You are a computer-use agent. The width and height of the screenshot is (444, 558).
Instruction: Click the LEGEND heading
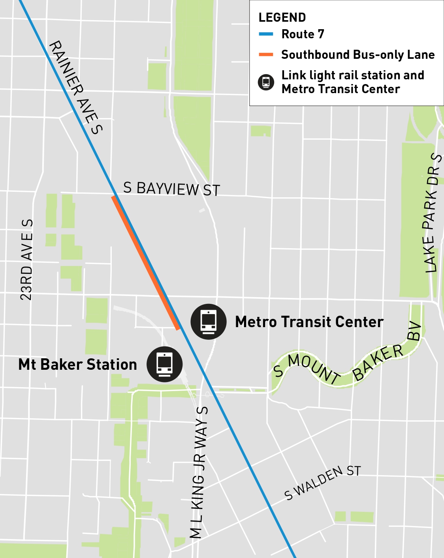(x=282, y=17)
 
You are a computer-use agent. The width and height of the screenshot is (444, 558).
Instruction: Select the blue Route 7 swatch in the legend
(x=266, y=34)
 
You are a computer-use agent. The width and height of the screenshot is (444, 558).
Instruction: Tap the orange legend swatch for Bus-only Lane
(x=266, y=54)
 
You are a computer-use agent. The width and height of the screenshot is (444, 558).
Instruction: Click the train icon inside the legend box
(x=266, y=82)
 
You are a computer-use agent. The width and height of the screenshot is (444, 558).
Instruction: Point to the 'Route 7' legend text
(x=303, y=34)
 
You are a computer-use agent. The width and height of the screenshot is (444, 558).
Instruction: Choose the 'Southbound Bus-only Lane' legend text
(x=358, y=54)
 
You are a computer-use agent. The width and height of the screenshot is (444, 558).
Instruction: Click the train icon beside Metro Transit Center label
(x=208, y=321)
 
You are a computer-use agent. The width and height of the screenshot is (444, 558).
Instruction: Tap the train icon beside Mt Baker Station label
(x=164, y=364)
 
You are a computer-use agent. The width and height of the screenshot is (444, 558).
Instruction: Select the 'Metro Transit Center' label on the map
(x=309, y=322)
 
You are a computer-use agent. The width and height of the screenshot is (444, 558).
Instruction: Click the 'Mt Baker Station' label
(x=78, y=364)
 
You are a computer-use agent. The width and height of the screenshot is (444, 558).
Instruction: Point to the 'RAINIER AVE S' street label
(x=75, y=87)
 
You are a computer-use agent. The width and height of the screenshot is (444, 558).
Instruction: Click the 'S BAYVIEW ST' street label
(x=171, y=189)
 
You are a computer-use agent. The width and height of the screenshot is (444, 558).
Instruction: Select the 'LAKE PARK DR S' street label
(x=432, y=213)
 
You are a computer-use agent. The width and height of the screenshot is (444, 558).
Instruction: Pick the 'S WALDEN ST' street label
(x=322, y=482)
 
